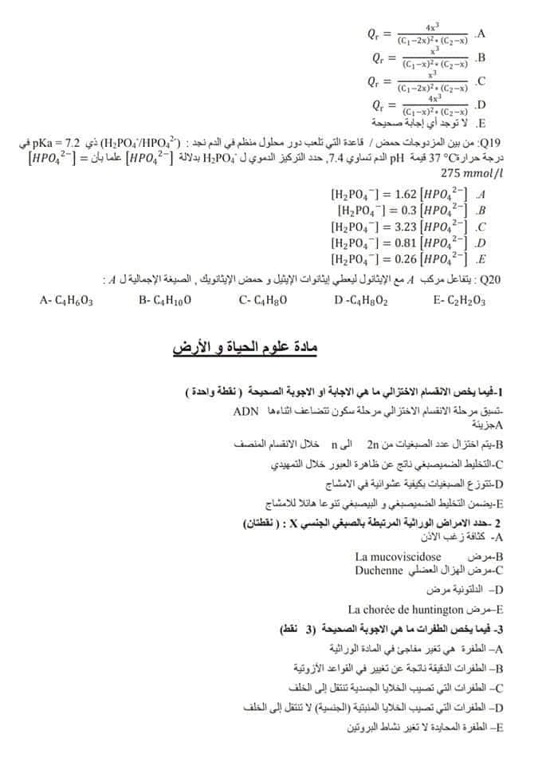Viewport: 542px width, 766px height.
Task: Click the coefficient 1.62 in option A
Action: (406, 193)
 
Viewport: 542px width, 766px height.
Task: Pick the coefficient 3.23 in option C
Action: (406, 226)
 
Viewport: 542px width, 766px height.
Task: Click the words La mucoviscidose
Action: (398, 556)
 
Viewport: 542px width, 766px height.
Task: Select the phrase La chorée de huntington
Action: (411, 609)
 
